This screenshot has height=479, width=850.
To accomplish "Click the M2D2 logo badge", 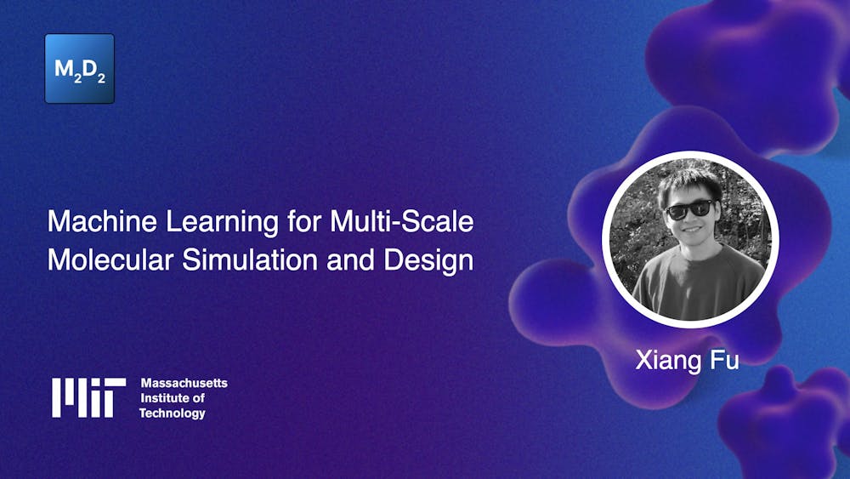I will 79,69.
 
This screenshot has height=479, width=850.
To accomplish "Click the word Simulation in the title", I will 233,260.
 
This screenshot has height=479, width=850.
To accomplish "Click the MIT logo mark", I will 88,397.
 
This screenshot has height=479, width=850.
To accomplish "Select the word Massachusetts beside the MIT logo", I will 184,383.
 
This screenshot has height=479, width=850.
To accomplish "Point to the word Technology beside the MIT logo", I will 173,413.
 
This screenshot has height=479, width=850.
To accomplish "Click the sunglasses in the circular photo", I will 689,209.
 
